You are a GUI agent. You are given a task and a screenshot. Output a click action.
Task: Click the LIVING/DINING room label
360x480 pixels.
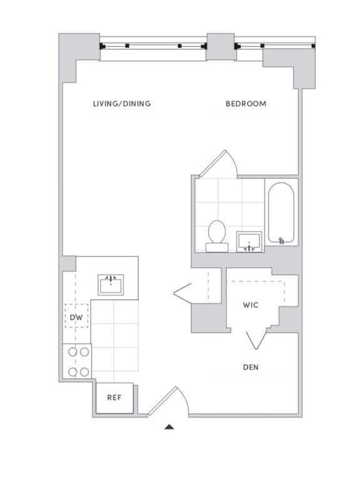[x=122, y=104]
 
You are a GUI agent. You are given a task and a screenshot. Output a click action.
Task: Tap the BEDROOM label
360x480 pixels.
[x=246, y=104]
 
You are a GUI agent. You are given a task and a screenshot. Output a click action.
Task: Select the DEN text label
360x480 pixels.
[x=251, y=367]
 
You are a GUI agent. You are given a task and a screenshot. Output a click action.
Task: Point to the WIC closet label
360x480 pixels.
[x=251, y=305]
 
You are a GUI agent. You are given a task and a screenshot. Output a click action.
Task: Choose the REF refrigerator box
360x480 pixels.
[x=114, y=397]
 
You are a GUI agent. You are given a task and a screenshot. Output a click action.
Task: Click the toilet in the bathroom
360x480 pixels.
[x=217, y=235]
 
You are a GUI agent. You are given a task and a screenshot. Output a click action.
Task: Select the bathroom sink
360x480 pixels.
[x=250, y=241]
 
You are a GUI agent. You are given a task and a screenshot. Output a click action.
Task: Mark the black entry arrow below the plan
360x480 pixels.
[x=169, y=427]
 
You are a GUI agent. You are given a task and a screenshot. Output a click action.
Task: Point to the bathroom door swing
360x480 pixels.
[x=219, y=164]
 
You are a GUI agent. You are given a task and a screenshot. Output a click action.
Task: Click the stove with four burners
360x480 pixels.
[x=77, y=362]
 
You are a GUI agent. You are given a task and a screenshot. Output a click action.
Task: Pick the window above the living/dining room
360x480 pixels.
[x=153, y=46]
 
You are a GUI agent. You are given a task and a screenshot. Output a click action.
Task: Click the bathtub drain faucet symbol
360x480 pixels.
[x=281, y=239]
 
